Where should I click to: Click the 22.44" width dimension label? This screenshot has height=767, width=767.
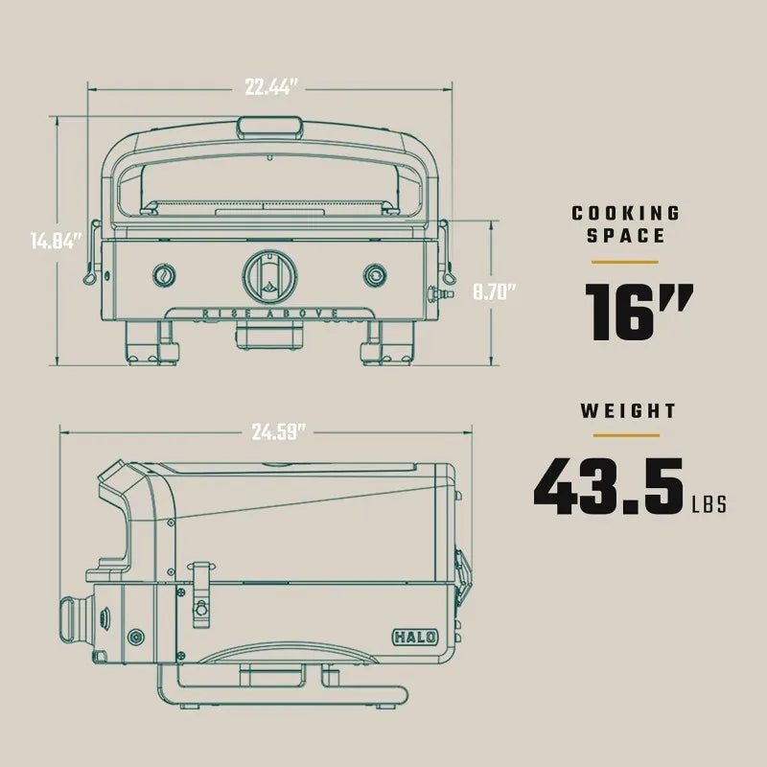pos(270,87)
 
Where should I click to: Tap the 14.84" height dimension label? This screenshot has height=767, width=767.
pos(56,241)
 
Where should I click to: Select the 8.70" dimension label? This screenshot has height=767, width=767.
pos(494,292)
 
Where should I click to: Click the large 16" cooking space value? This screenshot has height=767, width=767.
pos(639,312)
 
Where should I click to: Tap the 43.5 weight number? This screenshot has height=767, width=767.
pos(608,486)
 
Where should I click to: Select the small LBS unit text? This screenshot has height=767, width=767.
pos(709,504)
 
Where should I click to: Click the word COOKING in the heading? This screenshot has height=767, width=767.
pos(626,213)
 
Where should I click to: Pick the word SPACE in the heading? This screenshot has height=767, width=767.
pos(626,236)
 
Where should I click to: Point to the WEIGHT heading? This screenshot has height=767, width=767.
pos(628,411)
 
